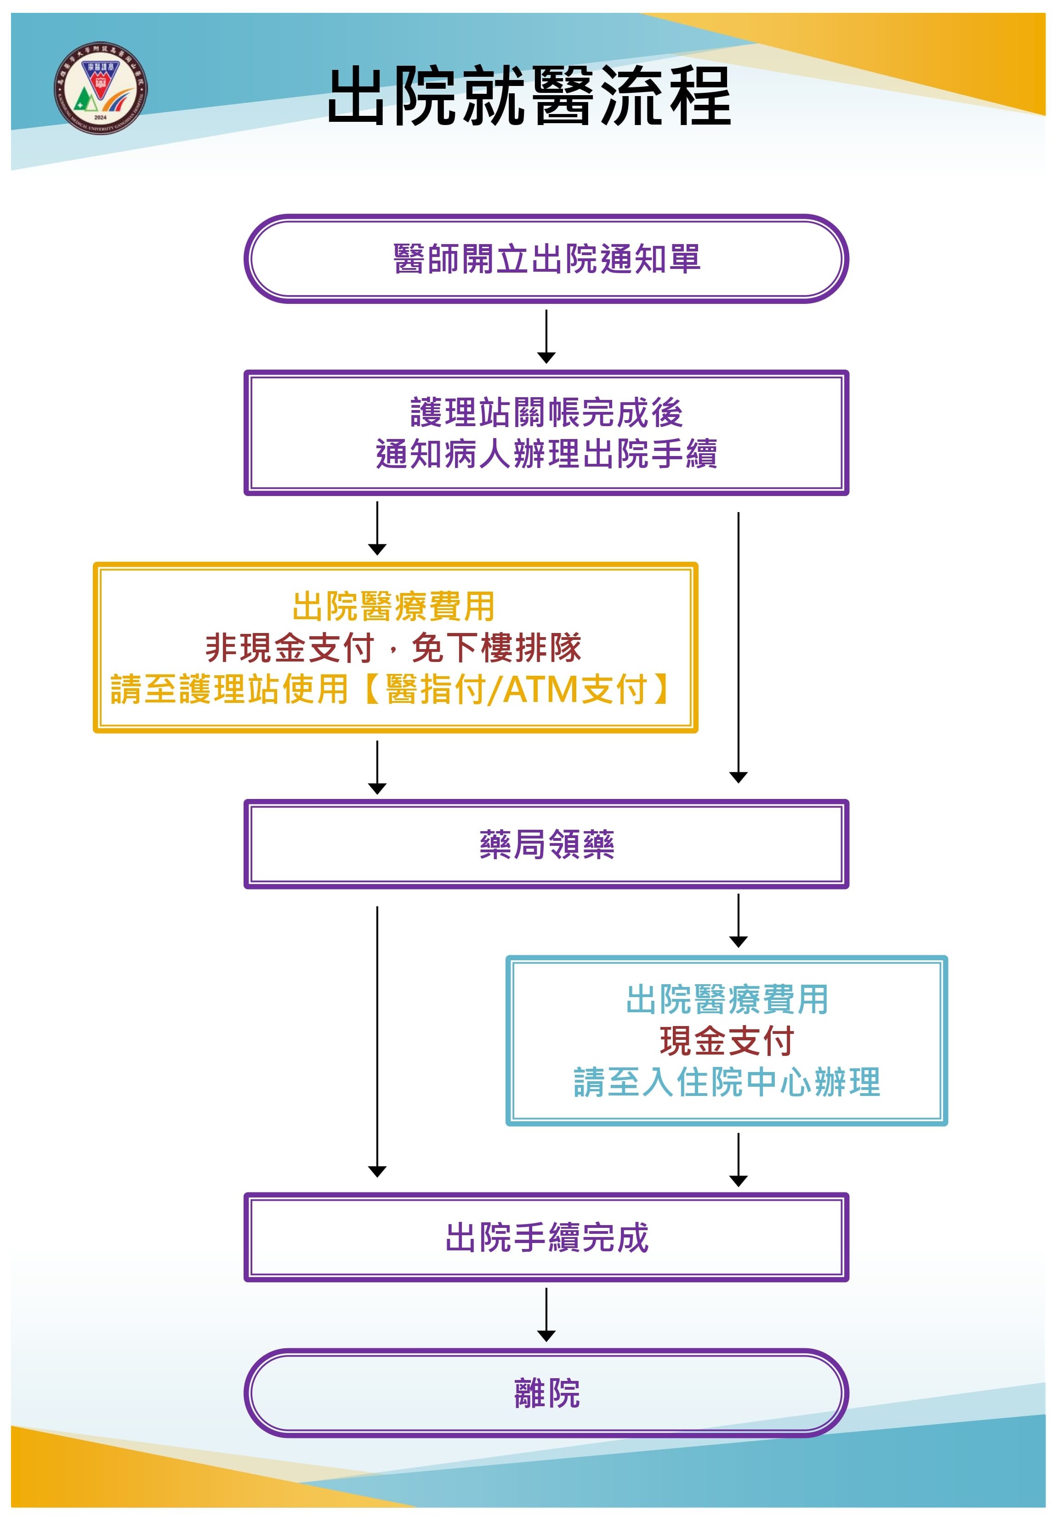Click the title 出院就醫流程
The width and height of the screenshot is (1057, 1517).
coord(529,97)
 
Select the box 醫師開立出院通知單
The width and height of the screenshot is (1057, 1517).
coord(546,258)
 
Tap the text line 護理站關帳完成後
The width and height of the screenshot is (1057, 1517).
coord(546,413)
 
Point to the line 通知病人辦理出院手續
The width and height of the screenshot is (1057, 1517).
coord(546,454)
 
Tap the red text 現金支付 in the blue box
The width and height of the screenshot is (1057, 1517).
coord(727,1041)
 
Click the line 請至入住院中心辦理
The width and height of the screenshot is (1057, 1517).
coord(727,1082)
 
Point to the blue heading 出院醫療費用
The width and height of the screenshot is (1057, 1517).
coord(727,1000)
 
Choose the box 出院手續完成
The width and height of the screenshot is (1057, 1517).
coord(546,1237)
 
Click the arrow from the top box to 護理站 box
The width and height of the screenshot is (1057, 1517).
coord(546,336)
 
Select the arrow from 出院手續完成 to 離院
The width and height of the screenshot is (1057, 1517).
coord(546,1314)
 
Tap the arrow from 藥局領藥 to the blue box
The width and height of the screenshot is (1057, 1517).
coord(739,920)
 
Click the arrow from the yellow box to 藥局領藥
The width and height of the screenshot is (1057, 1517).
coord(377,766)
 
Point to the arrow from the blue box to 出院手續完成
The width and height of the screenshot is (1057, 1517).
coord(739,1159)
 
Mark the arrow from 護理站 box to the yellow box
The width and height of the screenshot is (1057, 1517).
coord(377,527)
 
